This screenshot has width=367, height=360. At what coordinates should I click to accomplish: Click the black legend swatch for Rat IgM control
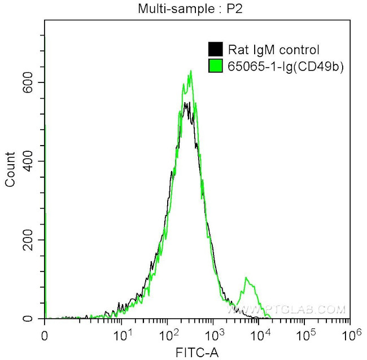pyautogui.click(x=215, y=50)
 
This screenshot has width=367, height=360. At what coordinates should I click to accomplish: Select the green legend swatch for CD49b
pyautogui.click(x=215, y=66)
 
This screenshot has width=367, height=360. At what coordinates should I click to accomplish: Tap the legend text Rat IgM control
pyautogui.click(x=272, y=50)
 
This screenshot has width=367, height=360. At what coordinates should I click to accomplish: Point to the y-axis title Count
pyautogui.click(x=10, y=169)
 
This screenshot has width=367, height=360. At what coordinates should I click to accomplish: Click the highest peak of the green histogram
pyautogui.click(x=191, y=71)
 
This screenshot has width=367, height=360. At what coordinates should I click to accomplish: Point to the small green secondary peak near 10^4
pyautogui.click(x=246, y=278)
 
